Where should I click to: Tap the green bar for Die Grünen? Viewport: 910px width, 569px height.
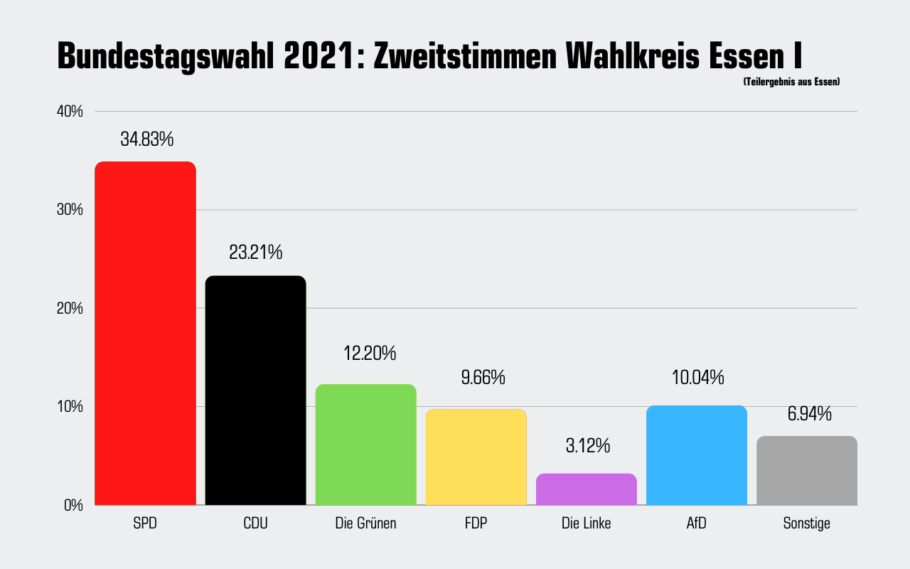click(x=365, y=445)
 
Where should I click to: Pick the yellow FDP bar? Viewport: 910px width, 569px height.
click(x=476, y=457)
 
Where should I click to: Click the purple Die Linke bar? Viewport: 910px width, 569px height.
click(x=586, y=489)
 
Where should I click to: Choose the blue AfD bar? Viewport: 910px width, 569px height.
click(x=697, y=455)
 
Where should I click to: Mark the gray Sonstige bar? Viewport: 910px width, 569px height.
click(x=806, y=470)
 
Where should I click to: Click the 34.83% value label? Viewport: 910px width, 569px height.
click(x=146, y=139)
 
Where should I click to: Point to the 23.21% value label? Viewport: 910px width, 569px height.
click(x=255, y=252)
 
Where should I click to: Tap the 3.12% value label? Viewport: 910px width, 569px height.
click(x=588, y=446)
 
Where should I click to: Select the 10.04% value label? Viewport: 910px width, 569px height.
click(x=697, y=378)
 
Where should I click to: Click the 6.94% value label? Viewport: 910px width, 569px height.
click(x=809, y=414)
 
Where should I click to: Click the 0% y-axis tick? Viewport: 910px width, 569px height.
click(x=74, y=506)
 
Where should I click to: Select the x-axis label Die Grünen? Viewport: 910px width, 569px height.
click(x=365, y=524)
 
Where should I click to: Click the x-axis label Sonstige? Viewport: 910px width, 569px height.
click(x=806, y=524)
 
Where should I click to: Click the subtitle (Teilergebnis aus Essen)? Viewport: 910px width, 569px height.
click(x=791, y=83)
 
